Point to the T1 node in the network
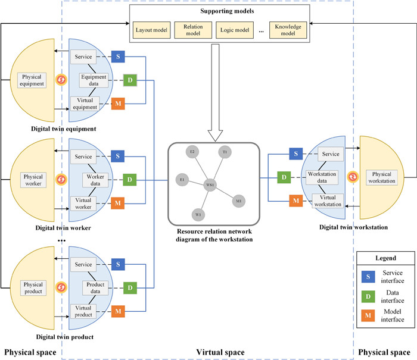(225, 152)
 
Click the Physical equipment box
(33, 80)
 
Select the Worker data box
(96, 180)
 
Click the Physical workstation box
(384, 176)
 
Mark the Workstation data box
(325, 177)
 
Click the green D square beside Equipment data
(129, 80)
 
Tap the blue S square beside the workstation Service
(296, 154)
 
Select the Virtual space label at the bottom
(220, 352)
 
